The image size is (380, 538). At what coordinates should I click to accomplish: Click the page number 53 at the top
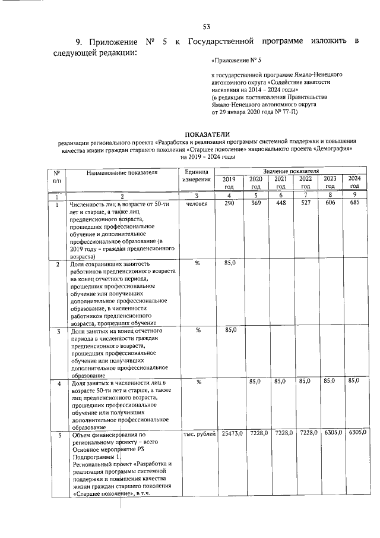coord(207,26)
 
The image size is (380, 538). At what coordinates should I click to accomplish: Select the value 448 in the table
coord(281,204)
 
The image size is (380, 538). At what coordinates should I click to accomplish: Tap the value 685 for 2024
coord(354,204)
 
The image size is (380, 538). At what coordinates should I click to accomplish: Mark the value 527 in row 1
coord(305,204)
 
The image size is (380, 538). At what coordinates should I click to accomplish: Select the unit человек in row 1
coord(197,204)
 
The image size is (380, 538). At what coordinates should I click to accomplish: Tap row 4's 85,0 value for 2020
coord(256,380)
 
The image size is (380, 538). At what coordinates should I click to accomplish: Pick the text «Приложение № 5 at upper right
coord(236,61)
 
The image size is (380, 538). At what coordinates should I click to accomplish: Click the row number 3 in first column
coord(59,331)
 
